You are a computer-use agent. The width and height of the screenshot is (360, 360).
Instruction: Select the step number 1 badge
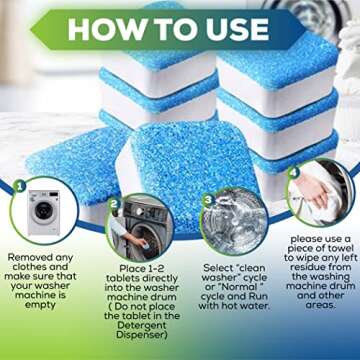pyautogui.click(x=17, y=186)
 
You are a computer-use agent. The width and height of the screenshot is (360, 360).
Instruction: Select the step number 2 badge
pyautogui.click(x=114, y=202)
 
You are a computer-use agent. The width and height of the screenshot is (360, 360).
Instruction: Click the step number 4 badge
pyautogui.click(x=293, y=171)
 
